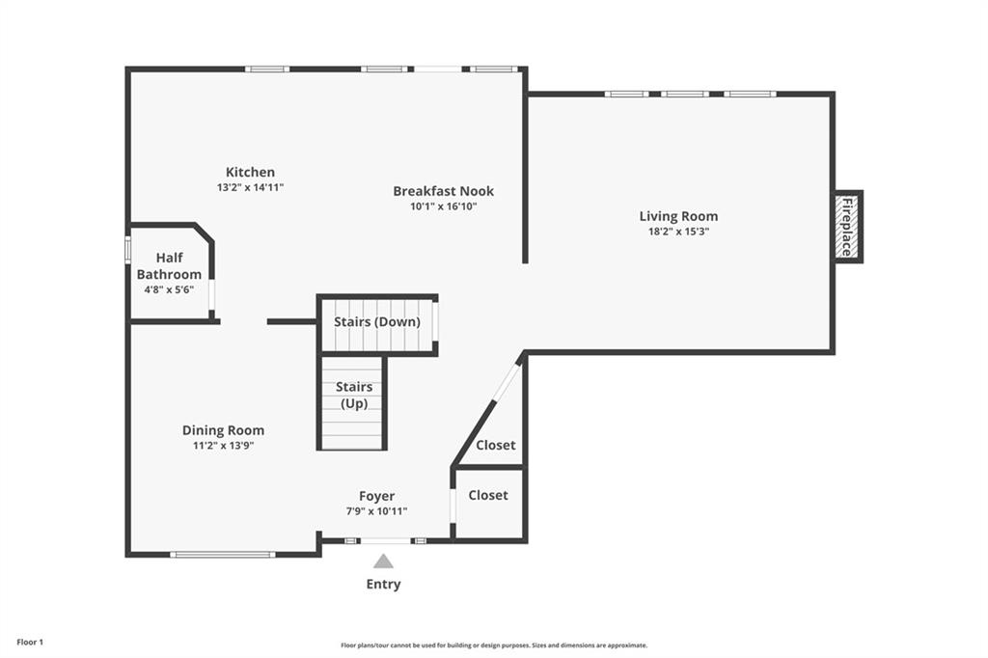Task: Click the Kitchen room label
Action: click(250, 172)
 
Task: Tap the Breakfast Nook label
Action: click(444, 191)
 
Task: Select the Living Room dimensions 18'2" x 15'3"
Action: click(678, 232)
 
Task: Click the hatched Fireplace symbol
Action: click(847, 227)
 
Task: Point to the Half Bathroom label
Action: click(169, 266)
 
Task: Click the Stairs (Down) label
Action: click(377, 321)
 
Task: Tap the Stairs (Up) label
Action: click(354, 396)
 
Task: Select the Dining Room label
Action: click(223, 430)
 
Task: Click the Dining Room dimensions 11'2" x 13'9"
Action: click(223, 446)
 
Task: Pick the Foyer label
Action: click(377, 496)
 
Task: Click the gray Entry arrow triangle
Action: click(383, 561)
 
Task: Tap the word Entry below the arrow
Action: click(383, 585)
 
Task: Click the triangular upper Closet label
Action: click(496, 445)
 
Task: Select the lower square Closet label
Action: click(488, 495)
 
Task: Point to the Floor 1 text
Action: click(30, 643)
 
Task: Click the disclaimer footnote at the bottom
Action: click(494, 645)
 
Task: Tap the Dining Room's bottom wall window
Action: click(223, 555)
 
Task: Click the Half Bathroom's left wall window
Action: click(127, 249)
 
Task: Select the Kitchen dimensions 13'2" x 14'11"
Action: click(250, 187)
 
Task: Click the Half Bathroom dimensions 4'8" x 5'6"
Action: click(169, 289)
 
